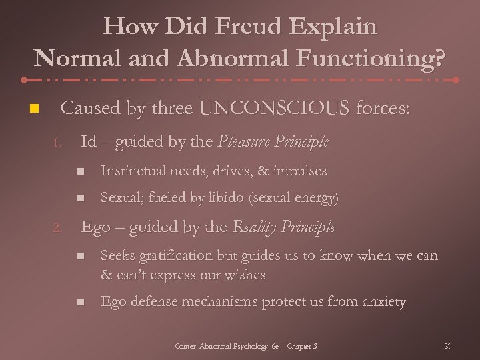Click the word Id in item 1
coord(88,141)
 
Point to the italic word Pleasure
coord(240,141)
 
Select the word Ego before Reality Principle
coord(95,227)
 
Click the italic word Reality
coord(254,227)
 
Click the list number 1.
coord(58,143)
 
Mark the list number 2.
coord(58,229)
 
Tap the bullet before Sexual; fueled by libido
coord(80,199)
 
